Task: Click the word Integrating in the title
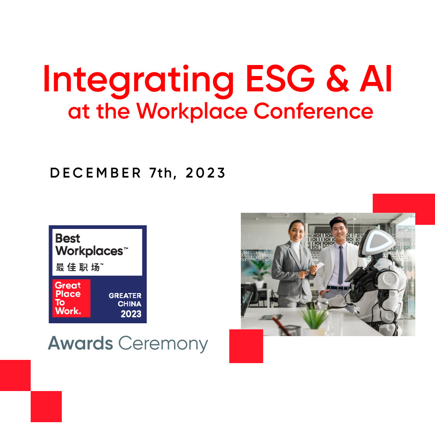(138, 81)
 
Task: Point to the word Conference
(314, 111)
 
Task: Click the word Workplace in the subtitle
(192, 112)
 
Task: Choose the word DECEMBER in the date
(95, 173)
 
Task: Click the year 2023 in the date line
(206, 173)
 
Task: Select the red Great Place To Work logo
(71, 298)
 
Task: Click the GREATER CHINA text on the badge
(125, 299)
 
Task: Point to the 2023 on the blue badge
(131, 314)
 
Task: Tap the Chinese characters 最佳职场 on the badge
(79, 267)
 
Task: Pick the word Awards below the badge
(81, 343)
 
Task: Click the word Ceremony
(163, 344)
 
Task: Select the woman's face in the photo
(297, 232)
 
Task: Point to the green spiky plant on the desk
(314, 317)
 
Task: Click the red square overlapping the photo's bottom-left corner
(246, 346)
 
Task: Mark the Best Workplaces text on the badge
(92, 245)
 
